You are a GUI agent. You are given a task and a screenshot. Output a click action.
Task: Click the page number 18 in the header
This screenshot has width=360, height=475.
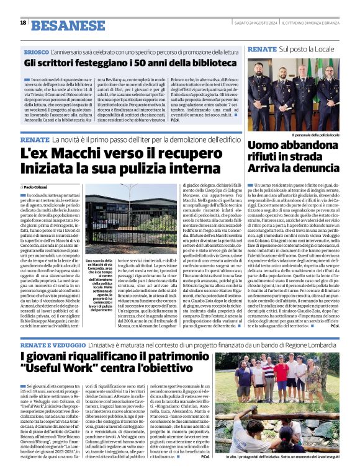[23, 23]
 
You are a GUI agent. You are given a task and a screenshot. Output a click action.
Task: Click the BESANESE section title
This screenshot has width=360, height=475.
[59, 25]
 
